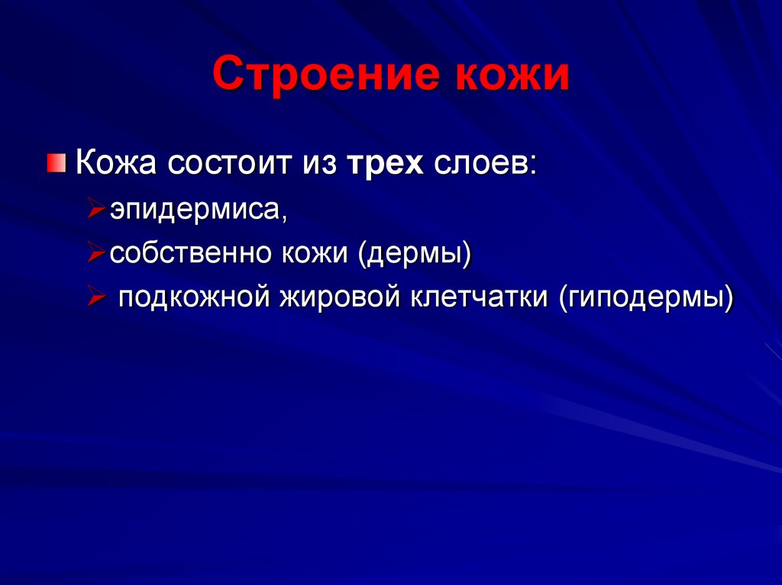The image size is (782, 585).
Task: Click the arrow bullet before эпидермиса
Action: (x=96, y=209)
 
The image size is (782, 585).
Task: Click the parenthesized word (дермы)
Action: (x=412, y=253)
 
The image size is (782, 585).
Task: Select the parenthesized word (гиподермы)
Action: (x=646, y=297)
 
